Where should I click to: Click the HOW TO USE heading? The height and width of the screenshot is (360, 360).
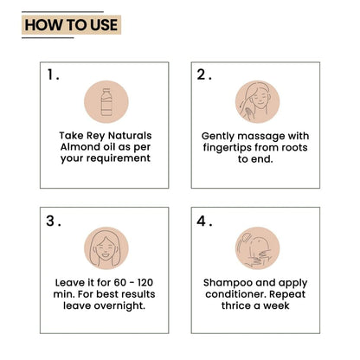point(71,25)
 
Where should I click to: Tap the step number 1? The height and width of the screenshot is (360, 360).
point(53,75)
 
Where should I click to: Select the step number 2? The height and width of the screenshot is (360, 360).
point(204,74)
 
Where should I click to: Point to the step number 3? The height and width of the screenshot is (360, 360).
point(54,222)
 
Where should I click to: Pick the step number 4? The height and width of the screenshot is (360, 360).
point(204,222)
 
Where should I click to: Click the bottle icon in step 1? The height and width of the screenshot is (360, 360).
point(106,102)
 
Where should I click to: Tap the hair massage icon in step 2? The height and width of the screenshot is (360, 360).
point(257,102)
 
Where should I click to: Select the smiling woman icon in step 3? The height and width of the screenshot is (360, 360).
point(106,248)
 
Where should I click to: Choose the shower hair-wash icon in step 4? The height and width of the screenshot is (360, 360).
point(257,248)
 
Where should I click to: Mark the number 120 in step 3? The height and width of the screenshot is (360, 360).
point(145,282)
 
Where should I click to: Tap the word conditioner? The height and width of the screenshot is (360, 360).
point(235,294)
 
